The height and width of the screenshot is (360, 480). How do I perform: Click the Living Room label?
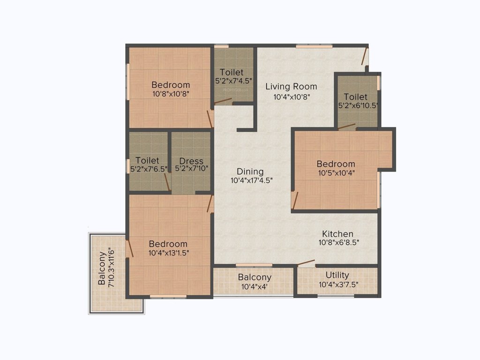(291, 86)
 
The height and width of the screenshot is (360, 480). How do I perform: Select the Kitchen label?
(337, 233)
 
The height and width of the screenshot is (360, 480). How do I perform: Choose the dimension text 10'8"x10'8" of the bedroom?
(171, 93)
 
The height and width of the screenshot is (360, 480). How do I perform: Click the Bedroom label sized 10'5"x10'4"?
(336, 164)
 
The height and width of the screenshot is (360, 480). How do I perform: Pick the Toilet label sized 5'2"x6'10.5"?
(355, 97)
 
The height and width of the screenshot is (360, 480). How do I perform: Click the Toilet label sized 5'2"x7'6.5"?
(147, 160)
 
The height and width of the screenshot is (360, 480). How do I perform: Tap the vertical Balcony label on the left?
(102, 269)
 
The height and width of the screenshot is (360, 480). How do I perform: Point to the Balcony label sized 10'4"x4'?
(255, 277)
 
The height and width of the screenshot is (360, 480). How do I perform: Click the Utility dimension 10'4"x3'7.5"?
(337, 284)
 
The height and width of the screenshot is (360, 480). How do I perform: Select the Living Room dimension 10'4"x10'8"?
(292, 97)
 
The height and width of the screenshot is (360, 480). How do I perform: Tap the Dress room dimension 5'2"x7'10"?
(191, 168)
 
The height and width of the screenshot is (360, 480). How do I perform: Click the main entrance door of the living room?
(364, 57)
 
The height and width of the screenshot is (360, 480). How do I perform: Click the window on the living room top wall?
(314, 46)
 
